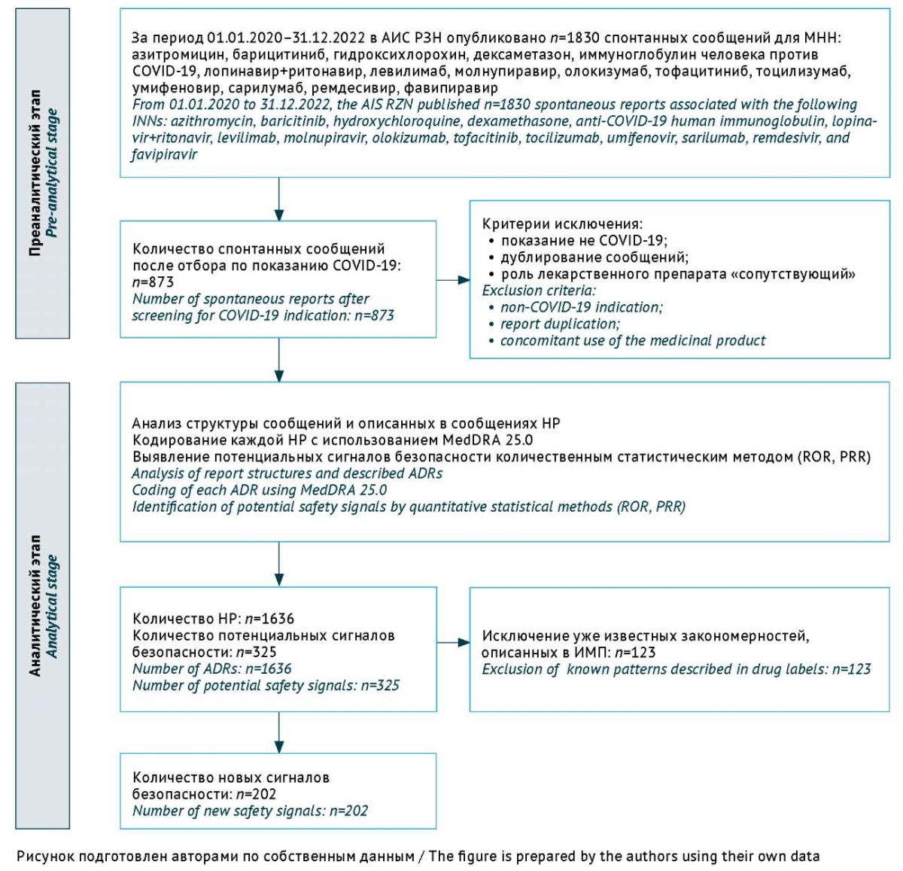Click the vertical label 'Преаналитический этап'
click(x=35, y=173)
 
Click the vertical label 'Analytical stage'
click(x=52, y=607)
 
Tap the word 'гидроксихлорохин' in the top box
click(x=399, y=55)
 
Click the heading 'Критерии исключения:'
click(x=562, y=224)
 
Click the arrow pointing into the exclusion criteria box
click(x=453, y=280)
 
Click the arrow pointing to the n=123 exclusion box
click(x=453, y=643)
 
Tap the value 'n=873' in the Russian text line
click(x=153, y=282)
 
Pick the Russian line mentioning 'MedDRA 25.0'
click(x=333, y=440)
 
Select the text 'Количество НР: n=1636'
click(x=214, y=618)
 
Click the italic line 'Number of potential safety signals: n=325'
click(x=266, y=685)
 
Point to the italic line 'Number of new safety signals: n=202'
click(x=250, y=811)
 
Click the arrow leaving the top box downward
click(x=279, y=199)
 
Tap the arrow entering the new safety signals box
click(x=279, y=732)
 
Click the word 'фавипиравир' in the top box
click(x=451, y=88)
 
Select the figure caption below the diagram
click(x=418, y=856)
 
